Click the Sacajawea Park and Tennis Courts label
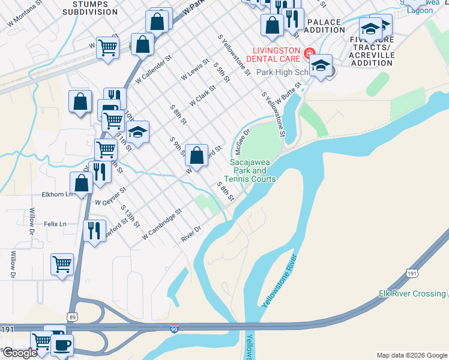[253, 170]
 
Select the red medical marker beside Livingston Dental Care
[310, 53]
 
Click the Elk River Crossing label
[412, 293]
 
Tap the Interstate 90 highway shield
[174, 329]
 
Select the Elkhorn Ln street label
[56, 194]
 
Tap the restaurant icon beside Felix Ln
[94, 230]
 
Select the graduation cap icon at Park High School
[321, 64]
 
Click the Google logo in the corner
[19, 353]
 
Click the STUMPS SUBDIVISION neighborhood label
[90, 8]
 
